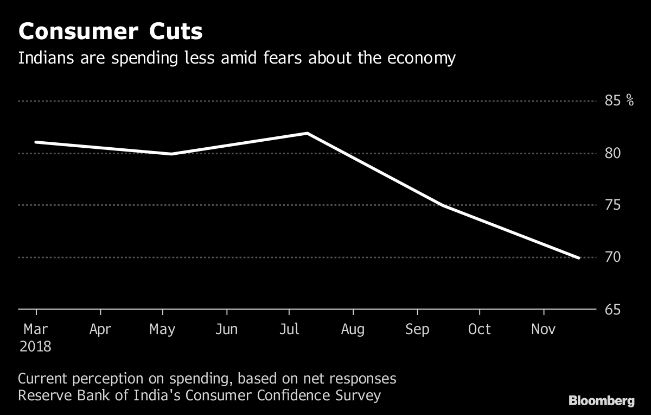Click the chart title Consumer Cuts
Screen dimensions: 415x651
click(x=110, y=32)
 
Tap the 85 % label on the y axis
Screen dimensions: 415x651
click(x=619, y=101)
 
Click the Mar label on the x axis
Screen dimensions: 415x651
click(x=36, y=329)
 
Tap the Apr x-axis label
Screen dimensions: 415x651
click(x=100, y=329)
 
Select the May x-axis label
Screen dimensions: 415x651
click(x=163, y=329)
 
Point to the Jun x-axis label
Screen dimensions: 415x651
click(x=226, y=329)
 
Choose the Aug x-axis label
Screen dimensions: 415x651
click(x=353, y=329)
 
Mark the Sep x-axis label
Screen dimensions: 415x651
click(x=417, y=329)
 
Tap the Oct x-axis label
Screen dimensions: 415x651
click(x=480, y=329)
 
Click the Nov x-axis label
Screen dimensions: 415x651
click(x=544, y=329)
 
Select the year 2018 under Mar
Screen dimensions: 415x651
click(x=36, y=347)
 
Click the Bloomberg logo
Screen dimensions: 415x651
click(x=601, y=401)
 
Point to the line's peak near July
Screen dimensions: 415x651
click(x=307, y=133)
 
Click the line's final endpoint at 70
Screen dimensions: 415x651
click(x=579, y=257)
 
